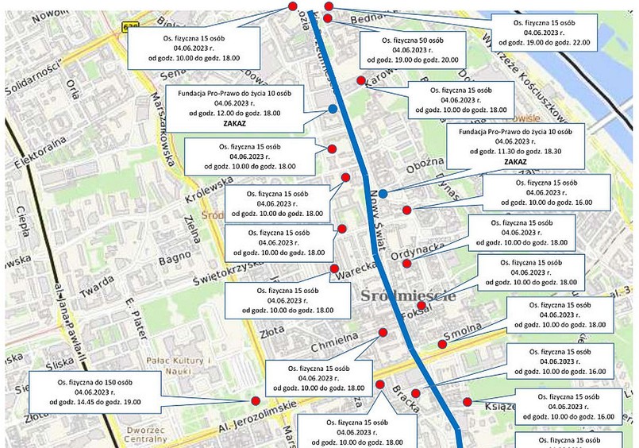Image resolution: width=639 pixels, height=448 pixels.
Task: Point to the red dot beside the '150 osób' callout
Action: point(256,401)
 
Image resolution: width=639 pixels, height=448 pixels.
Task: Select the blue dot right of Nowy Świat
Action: point(383,194)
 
